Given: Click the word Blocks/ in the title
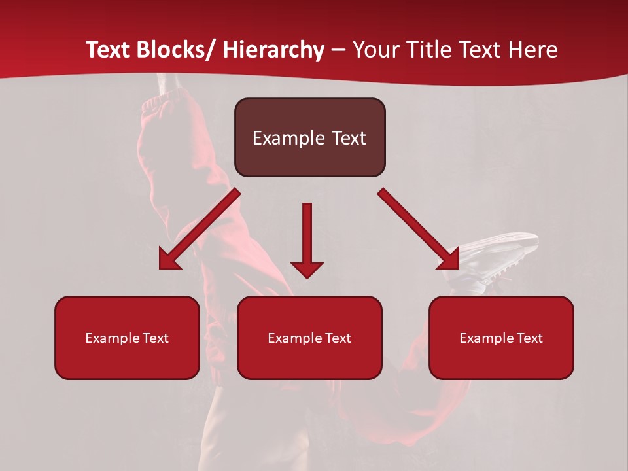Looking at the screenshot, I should coord(174,50).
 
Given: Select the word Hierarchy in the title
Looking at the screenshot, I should coord(273,50).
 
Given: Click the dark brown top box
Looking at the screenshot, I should coord(309,137).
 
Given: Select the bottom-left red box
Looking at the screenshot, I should coord(127,338).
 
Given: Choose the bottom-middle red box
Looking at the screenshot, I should coord(309,338).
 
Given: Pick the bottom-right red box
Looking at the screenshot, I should coord(501,338).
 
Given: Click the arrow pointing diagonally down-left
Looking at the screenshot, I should coord(200,229).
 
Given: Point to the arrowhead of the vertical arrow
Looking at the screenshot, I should coord(307,269).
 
